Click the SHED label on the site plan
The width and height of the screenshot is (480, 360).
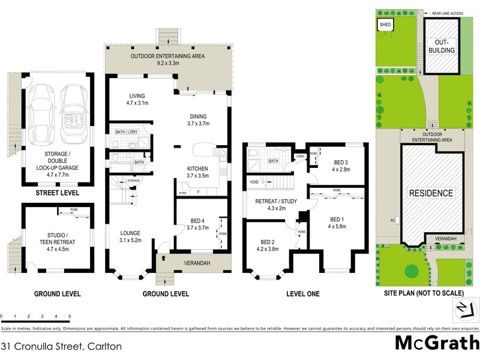(383, 25)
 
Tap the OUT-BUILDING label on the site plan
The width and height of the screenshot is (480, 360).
(442, 46)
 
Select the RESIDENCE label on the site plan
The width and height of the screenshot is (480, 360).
(431, 193)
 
